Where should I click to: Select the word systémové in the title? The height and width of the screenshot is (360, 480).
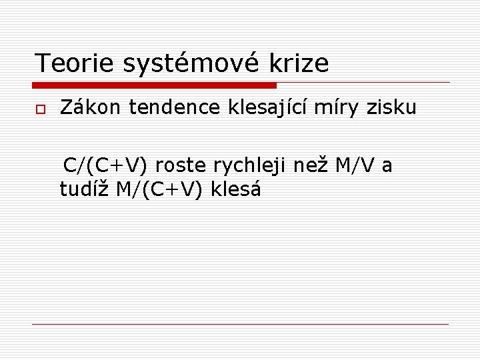193,63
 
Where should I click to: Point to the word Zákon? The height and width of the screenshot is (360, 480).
91,107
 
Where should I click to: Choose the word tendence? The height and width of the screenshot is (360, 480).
175,107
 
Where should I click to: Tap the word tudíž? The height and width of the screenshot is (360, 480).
84,189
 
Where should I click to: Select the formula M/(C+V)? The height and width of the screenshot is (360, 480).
160,190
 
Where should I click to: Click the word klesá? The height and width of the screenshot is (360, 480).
236,189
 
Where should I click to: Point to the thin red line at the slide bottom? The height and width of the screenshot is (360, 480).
240,324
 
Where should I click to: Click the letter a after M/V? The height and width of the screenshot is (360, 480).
387,166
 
